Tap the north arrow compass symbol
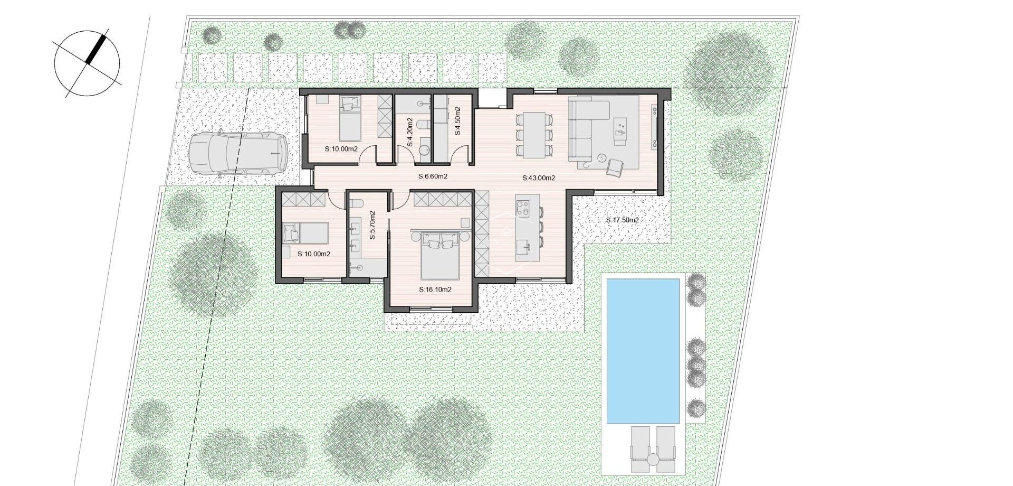point(87,63)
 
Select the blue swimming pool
point(643,351)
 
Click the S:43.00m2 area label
point(539,178)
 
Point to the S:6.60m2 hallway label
point(433,176)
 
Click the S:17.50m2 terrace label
point(622,220)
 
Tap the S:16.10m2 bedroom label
point(435,289)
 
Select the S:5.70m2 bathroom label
point(372,226)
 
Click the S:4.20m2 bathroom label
point(410,132)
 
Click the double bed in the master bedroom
point(441,259)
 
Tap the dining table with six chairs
point(534,135)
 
